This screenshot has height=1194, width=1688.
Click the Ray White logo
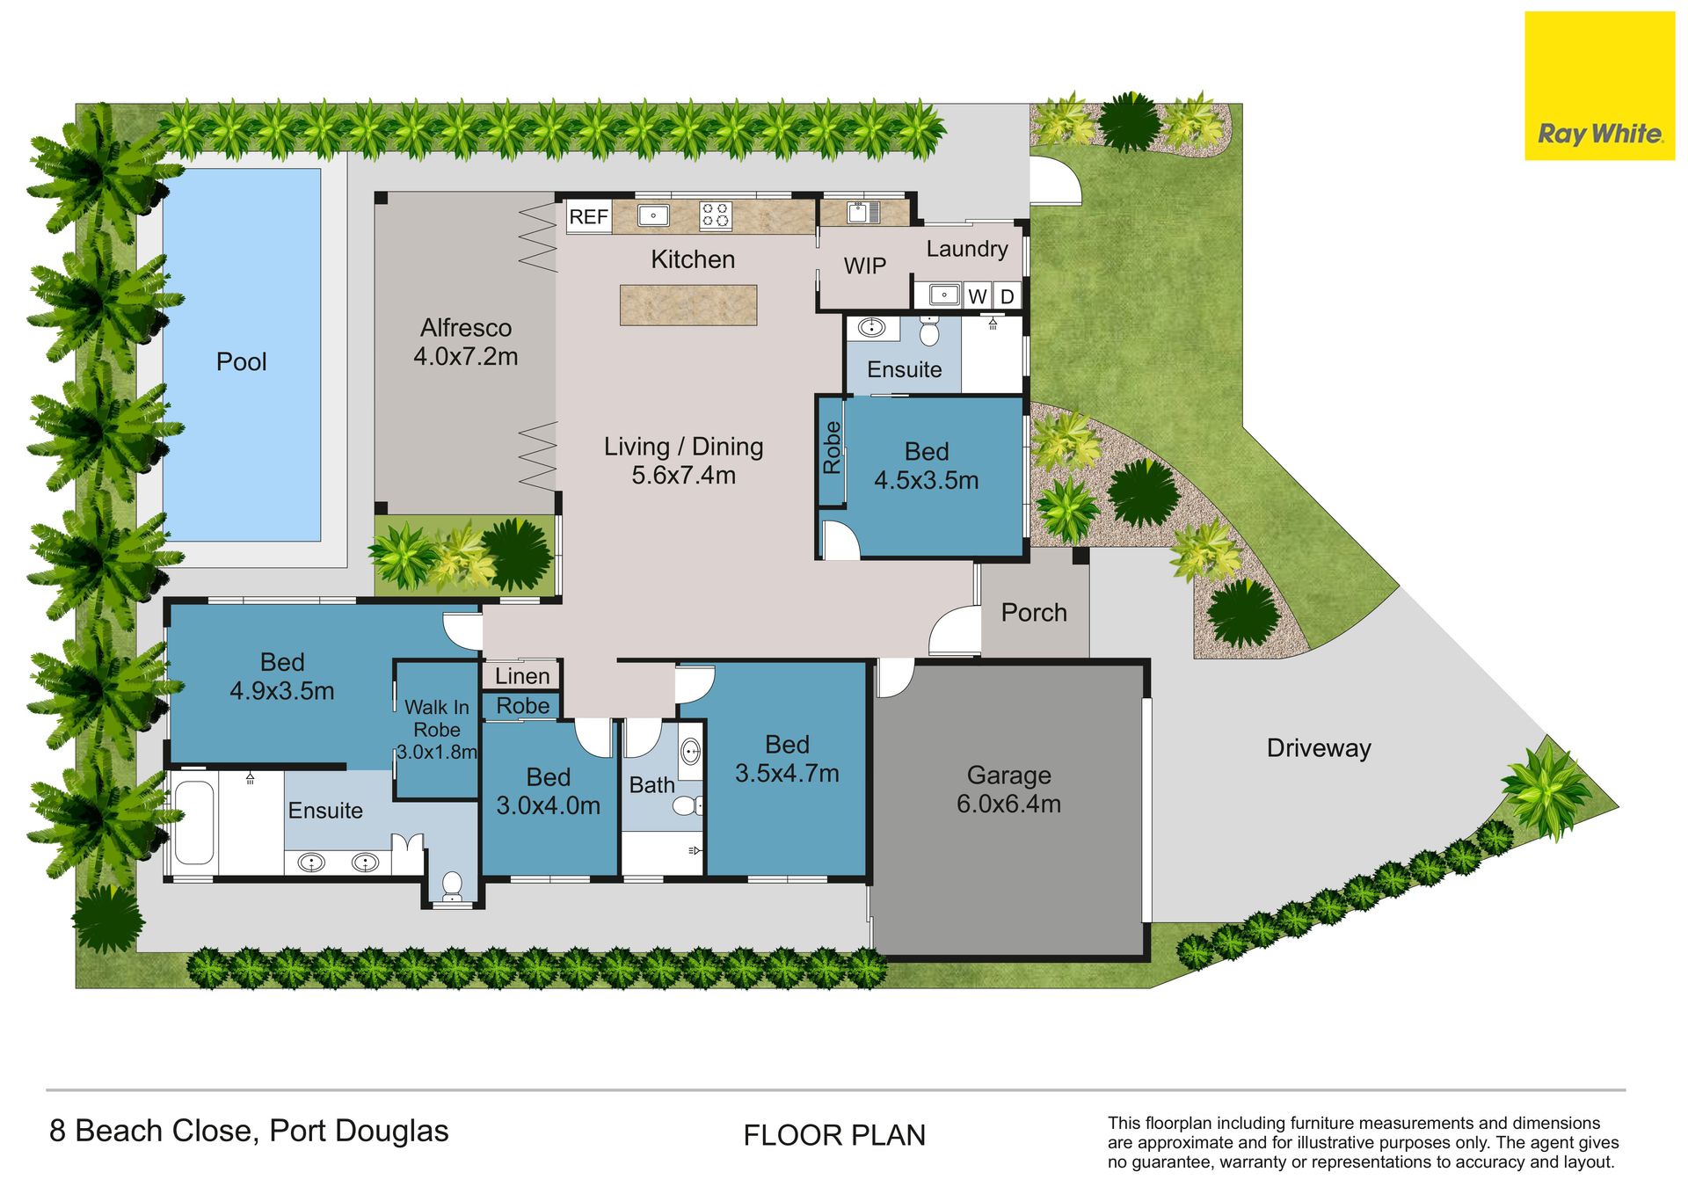(1599, 85)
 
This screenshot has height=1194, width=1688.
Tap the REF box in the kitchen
(588, 216)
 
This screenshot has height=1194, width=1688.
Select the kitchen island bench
(688, 305)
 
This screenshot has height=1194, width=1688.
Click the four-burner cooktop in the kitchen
(715, 215)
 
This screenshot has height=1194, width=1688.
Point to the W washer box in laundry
(978, 296)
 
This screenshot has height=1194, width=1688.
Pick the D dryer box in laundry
(1008, 296)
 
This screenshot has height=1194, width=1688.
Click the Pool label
(242, 361)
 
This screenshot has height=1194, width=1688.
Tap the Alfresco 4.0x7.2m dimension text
(466, 342)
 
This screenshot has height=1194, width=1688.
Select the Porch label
(1034, 613)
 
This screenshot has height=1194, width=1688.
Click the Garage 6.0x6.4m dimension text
(1009, 790)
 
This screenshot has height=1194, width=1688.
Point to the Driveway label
(1319, 748)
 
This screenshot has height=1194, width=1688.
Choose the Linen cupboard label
(522, 676)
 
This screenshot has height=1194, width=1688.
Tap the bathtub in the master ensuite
(194, 823)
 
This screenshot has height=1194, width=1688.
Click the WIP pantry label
(865, 266)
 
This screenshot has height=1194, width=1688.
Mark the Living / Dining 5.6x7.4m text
(684, 461)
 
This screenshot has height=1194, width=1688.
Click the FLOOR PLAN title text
(834, 1136)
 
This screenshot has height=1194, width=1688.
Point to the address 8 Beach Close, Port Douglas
(249, 1132)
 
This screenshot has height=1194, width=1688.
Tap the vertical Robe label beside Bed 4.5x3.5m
(832, 448)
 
